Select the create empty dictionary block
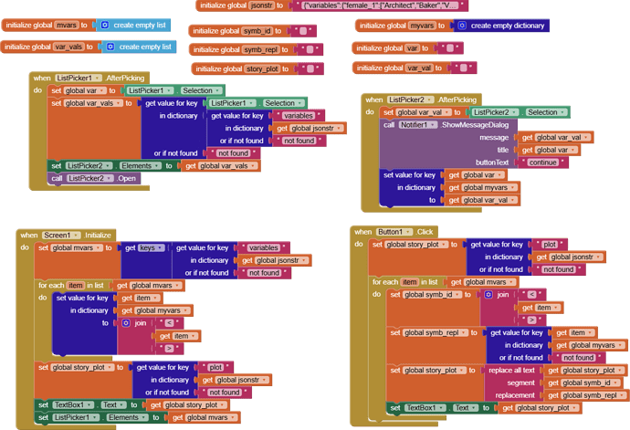tap(501, 26)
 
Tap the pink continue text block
tap(542, 163)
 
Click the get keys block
tap(146, 247)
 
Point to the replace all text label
tap(511, 370)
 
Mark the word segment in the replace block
tap(521, 383)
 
